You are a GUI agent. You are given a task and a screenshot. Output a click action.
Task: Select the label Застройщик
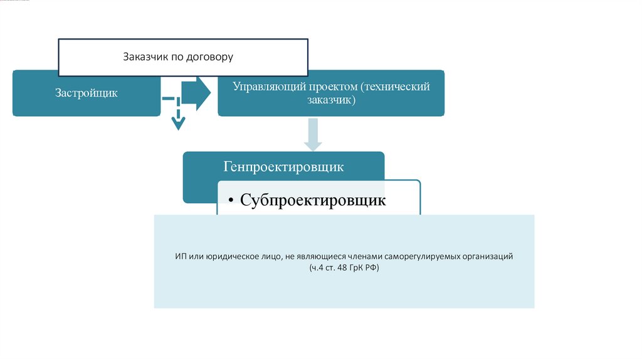point(87,93)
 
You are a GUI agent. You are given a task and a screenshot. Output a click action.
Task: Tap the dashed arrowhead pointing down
point(179,123)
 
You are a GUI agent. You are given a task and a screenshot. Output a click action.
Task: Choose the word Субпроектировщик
point(313,201)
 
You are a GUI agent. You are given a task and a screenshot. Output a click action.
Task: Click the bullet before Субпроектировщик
point(231,201)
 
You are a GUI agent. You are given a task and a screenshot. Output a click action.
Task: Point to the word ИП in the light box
point(180,257)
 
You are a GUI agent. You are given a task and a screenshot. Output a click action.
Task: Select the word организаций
point(489,257)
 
